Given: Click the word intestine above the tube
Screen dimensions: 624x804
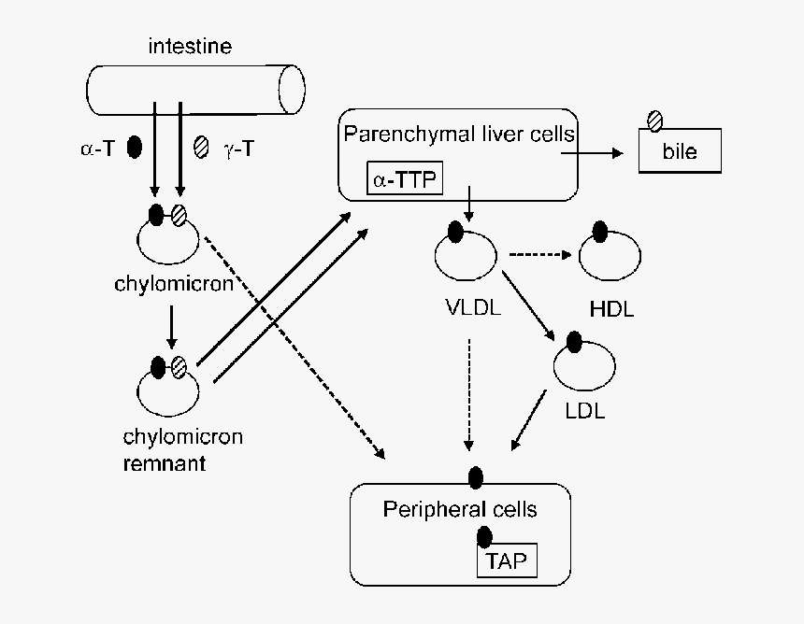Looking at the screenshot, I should pos(190,45).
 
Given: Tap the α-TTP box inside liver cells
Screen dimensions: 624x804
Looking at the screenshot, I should pos(404,178).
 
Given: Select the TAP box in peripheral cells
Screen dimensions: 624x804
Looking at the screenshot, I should pos(509,561).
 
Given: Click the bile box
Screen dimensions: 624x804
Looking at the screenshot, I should pos(680,151).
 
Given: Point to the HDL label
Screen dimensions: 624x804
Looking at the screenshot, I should pos(611,309).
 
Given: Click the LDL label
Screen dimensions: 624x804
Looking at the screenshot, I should pos(585,409).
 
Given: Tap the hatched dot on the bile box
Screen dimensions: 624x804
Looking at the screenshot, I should pos(656,121).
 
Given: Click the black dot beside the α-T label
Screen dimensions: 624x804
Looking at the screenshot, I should pos(134,146).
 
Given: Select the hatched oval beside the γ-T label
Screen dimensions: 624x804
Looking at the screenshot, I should pos(200,146).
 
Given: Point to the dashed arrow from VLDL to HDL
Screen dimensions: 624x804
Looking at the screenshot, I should pos(539,253).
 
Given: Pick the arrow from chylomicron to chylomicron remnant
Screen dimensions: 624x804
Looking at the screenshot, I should pos(169,327).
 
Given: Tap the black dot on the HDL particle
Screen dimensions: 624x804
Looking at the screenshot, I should pos(600,231).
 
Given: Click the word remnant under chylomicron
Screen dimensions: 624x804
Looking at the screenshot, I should pos(164,462).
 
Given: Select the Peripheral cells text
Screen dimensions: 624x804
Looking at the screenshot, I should pos(460,509).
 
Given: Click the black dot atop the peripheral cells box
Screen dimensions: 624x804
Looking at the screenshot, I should pos(475,477).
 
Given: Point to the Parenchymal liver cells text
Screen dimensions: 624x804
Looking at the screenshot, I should pos(458,134).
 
